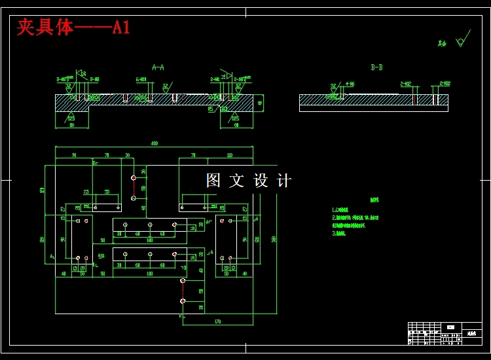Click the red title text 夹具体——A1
(x=73, y=27)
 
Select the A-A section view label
(x=158, y=67)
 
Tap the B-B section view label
(x=376, y=67)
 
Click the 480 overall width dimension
(x=155, y=143)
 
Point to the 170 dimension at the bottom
(x=217, y=321)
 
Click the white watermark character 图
(x=213, y=181)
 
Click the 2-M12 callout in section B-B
(x=406, y=84)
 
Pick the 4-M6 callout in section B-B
(x=350, y=84)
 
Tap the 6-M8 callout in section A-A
(x=141, y=79)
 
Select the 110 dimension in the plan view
(x=229, y=155)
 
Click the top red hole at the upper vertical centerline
(x=134, y=177)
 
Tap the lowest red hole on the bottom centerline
(x=183, y=300)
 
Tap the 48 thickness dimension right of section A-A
(x=259, y=103)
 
